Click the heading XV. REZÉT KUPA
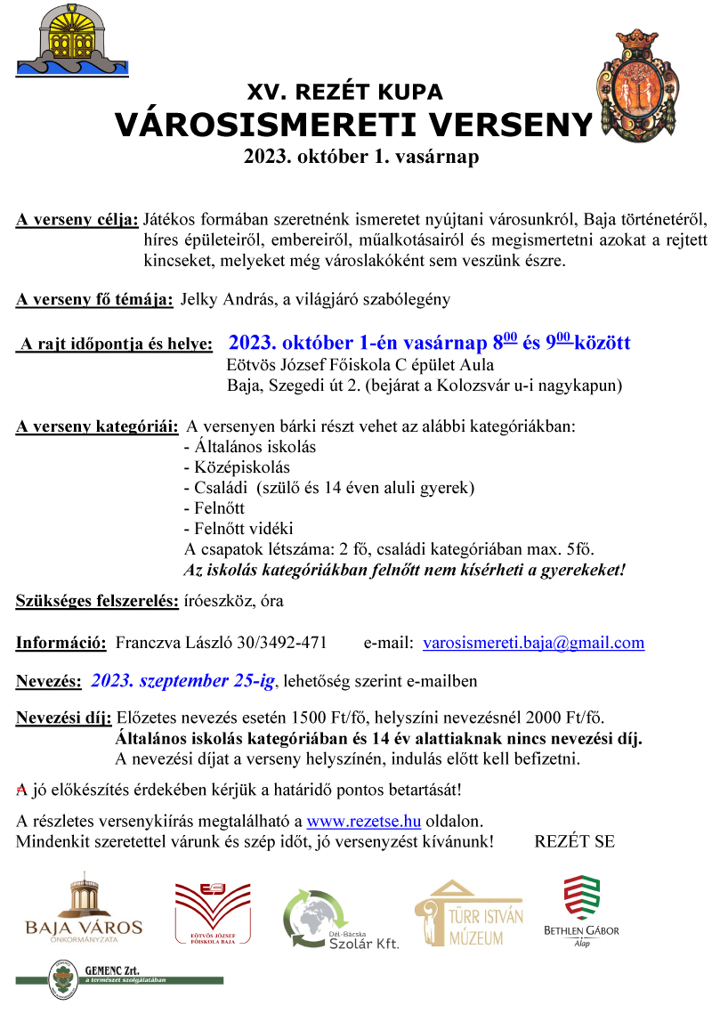pos(344,93)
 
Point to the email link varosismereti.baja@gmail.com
pos(533,643)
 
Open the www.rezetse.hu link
pos(363,820)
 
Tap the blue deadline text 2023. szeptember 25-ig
pos(184,682)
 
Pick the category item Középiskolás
pos(236,467)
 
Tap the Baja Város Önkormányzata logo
pos(84,908)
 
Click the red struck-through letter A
pos(22,790)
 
